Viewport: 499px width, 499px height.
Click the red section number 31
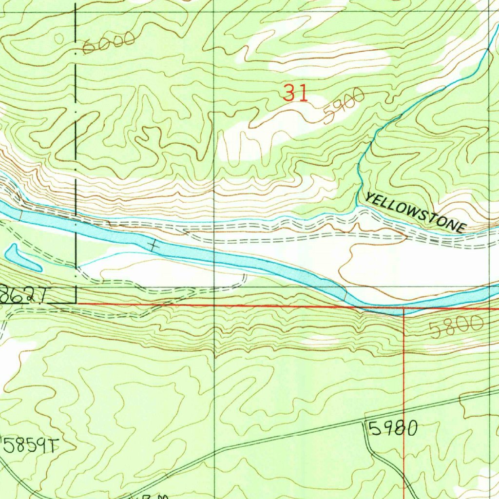[x=296, y=92]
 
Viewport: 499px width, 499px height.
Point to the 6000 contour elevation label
[x=109, y=43]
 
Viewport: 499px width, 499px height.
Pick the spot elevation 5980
[x=393, y=429]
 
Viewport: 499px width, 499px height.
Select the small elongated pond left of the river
[x=22, y=258]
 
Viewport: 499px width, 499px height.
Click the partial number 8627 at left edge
[x=24, y=295]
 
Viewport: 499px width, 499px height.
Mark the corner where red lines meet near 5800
[x=404, y=307]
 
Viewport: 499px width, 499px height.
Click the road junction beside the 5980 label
[x=365, y=423]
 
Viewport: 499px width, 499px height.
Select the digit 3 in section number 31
[x=289, y=92]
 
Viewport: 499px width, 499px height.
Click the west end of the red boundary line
[x=78, y=304]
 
